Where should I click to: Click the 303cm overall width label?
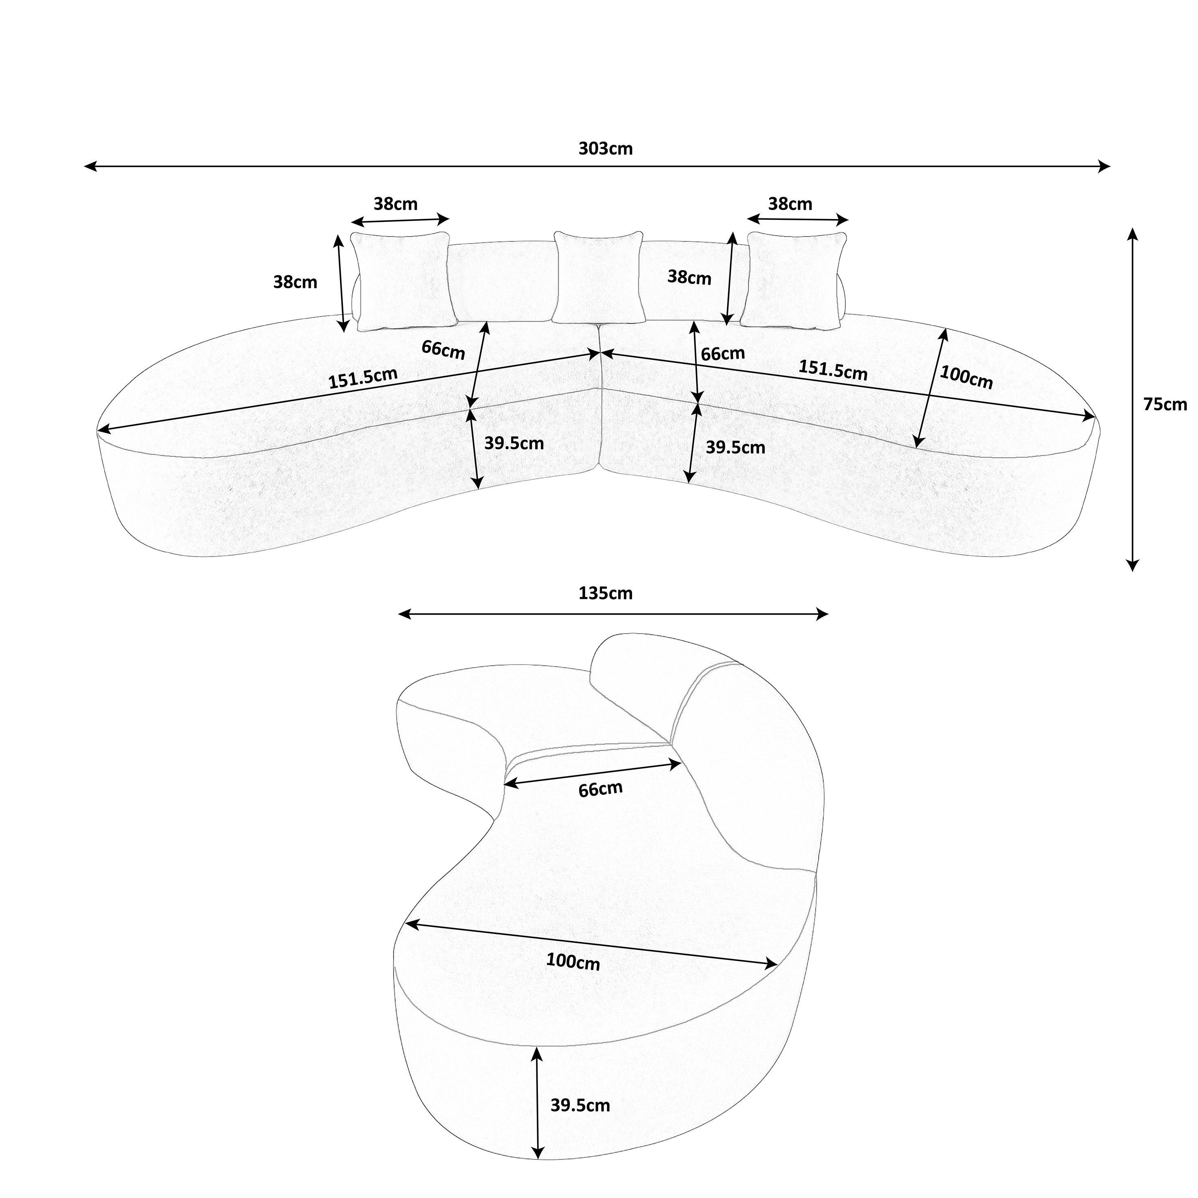click(x=605, y=149)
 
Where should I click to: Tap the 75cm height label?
click(x=1164, y=404)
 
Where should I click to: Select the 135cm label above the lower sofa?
click(x=605, y=594)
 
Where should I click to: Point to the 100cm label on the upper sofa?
click(x=966, y=377)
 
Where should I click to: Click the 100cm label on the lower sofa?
click(x=573, y=961)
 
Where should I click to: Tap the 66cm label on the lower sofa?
click(x=600, y=789)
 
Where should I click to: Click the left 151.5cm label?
click(x=363, y=378)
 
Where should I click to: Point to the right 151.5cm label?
click(x=833, y=370)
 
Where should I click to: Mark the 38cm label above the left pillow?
click(x=396, y=204)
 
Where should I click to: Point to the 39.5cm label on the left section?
click(x=514, y=443)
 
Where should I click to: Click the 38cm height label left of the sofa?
click(x=295, y=282)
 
